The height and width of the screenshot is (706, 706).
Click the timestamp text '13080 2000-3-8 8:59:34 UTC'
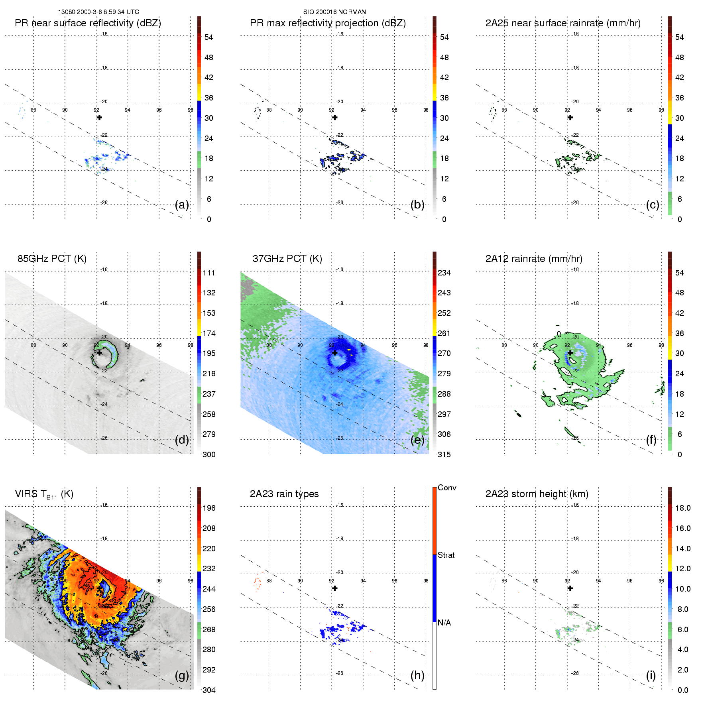(98, 12)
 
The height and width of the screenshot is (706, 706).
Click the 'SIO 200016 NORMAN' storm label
(334, 12)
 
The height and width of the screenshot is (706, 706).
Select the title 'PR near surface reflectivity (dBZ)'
(88, 23)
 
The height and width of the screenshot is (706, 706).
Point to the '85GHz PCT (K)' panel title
(52, 259)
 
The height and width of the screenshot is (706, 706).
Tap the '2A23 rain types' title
(284, 494)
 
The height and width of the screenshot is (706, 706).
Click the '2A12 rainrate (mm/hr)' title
(534, 259)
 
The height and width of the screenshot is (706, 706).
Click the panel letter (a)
(182, 205)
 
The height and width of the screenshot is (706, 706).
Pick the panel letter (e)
(417, 440)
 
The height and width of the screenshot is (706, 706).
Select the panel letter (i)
(651, 676)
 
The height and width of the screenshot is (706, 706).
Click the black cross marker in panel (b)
(335, 117)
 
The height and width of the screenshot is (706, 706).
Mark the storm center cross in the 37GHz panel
(335, 353)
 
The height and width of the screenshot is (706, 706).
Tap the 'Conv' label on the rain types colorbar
(447, 488)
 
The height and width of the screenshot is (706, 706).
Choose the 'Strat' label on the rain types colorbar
(446, 555)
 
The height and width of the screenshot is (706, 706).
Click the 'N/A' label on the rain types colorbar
(444, 623)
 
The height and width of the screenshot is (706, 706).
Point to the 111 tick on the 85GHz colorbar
(209, 273)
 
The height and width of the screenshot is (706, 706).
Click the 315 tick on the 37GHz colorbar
(444, 454)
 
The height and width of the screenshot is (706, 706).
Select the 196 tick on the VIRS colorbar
(209, 508)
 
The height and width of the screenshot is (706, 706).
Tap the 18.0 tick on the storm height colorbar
(683, 508)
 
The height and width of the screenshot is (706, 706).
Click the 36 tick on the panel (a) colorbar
(209, 98)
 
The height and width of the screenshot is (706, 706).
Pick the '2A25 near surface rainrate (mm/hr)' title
(563, 23)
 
